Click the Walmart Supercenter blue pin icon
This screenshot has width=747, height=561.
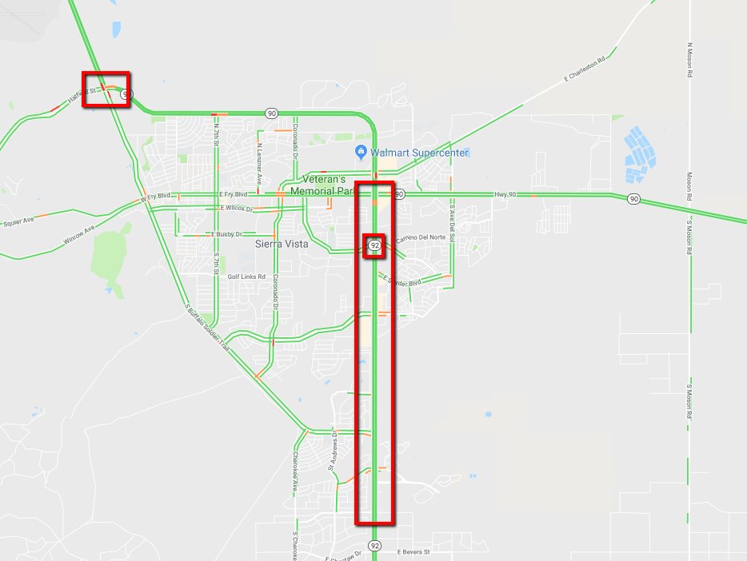(x=362, y=152)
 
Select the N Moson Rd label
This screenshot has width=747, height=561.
(x=689, y=60)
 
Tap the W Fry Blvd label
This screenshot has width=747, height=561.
(x=156, y=197)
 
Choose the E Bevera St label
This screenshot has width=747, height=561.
(x=413, y=551)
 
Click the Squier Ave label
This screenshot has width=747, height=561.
(x=18, y=220)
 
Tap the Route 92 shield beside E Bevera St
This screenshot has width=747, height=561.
(x=375, y=545)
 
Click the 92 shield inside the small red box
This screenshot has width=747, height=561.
(x=374, y=246)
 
